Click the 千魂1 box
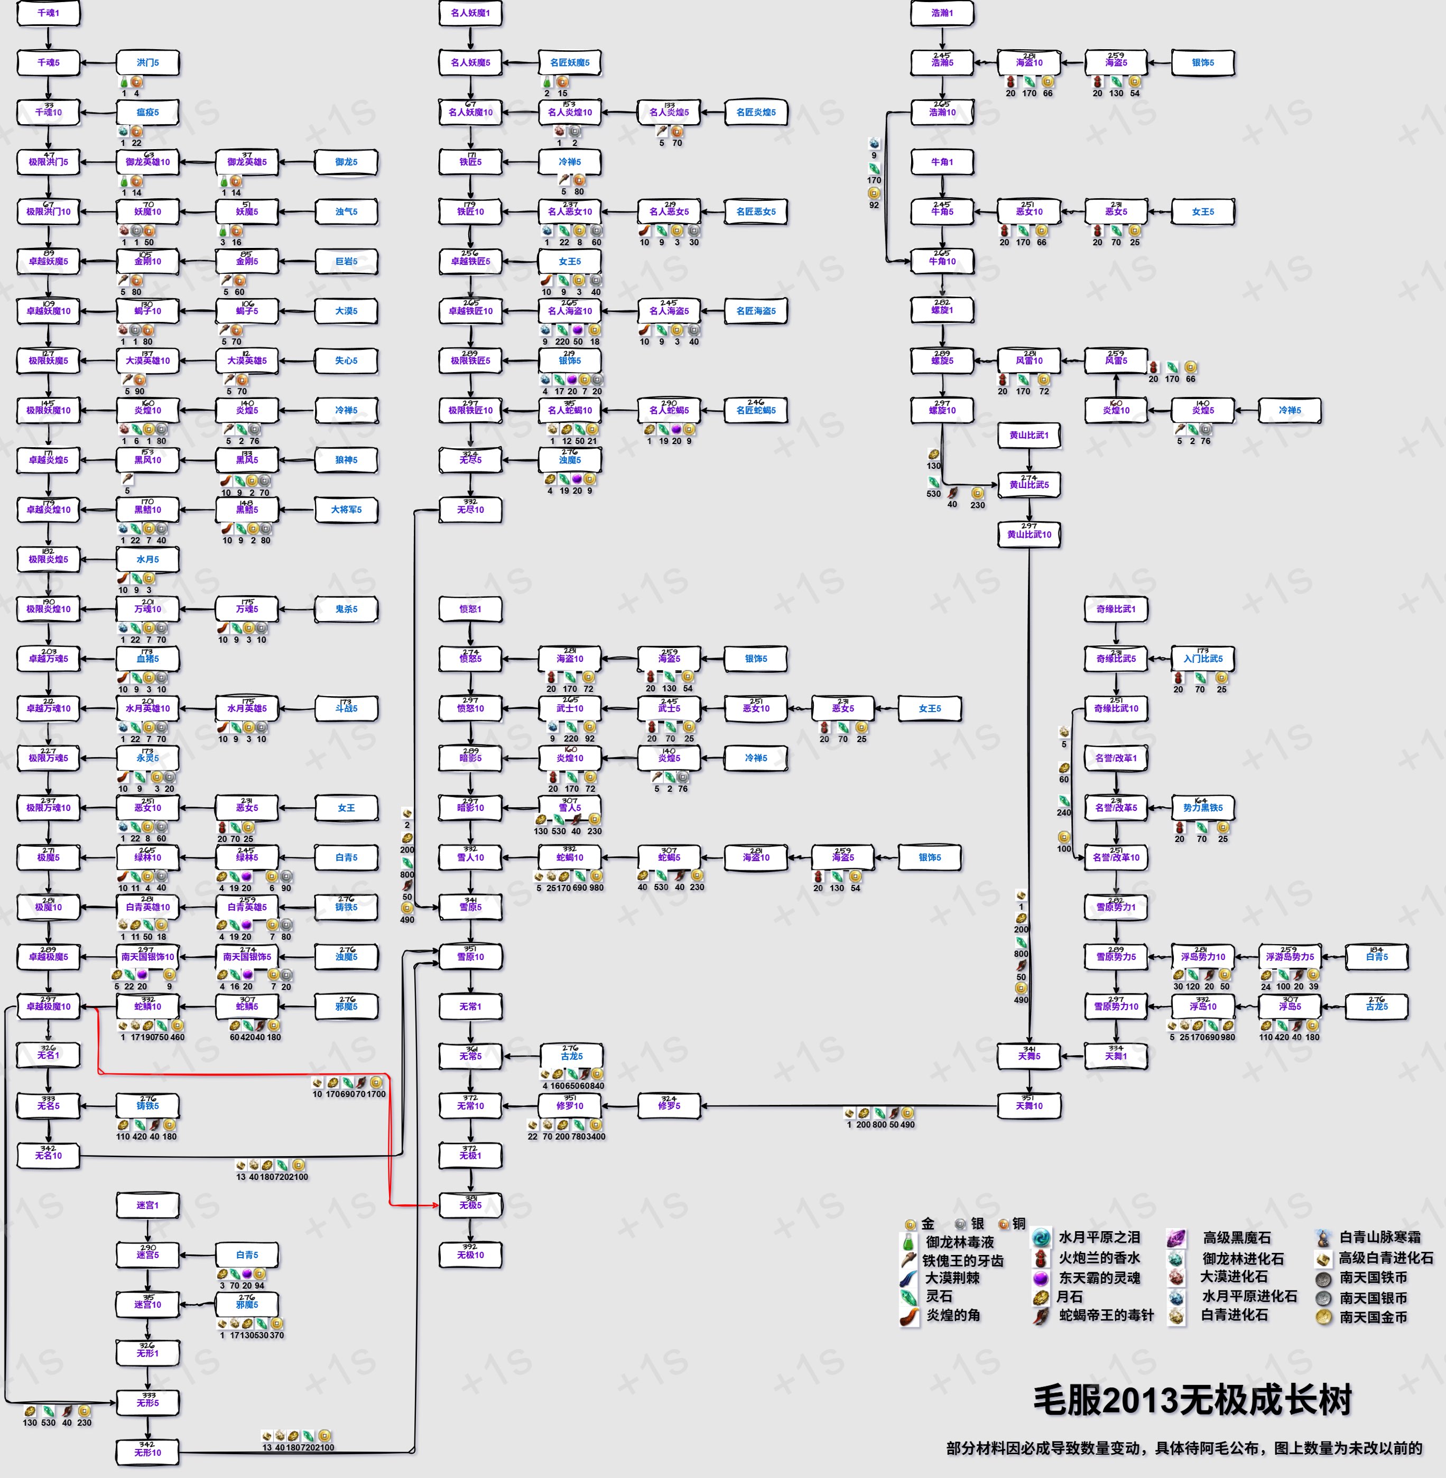point(48,13)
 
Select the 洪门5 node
point(147,63)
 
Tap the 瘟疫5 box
point(147,113)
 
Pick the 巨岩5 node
point(346,261)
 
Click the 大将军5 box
point(346,510)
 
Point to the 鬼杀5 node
point(346,609)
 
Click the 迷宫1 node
point(147,1205)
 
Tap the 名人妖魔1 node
point(470,13)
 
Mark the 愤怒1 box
point(470,609)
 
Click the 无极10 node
point(470,1255)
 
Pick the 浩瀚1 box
point(942,13)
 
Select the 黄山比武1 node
point(1029,435)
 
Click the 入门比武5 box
point(1203,659)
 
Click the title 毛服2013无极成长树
point(1192,1400)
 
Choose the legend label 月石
point(1069,1297)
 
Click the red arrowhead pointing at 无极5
point(435,1205)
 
